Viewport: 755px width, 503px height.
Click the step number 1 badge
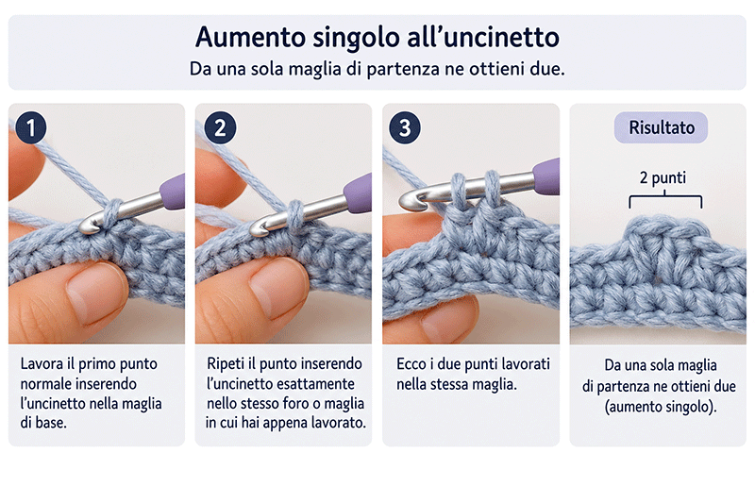pos(31,127)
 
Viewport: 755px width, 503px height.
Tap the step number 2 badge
pos(220,127)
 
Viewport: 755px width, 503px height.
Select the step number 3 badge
pos(405,127)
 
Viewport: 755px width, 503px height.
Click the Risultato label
pos(662,127)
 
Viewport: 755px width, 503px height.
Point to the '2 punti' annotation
pos(663,177)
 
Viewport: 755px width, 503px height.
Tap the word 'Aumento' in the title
pos(250,37)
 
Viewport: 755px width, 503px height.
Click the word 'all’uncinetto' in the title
pos(483,37)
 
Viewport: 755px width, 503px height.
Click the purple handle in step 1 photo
pos(173,192)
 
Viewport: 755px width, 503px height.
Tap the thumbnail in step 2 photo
pos(277,287)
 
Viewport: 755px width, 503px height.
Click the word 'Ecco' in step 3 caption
pos(411,364)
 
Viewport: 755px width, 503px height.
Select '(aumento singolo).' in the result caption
pos(661,408)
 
